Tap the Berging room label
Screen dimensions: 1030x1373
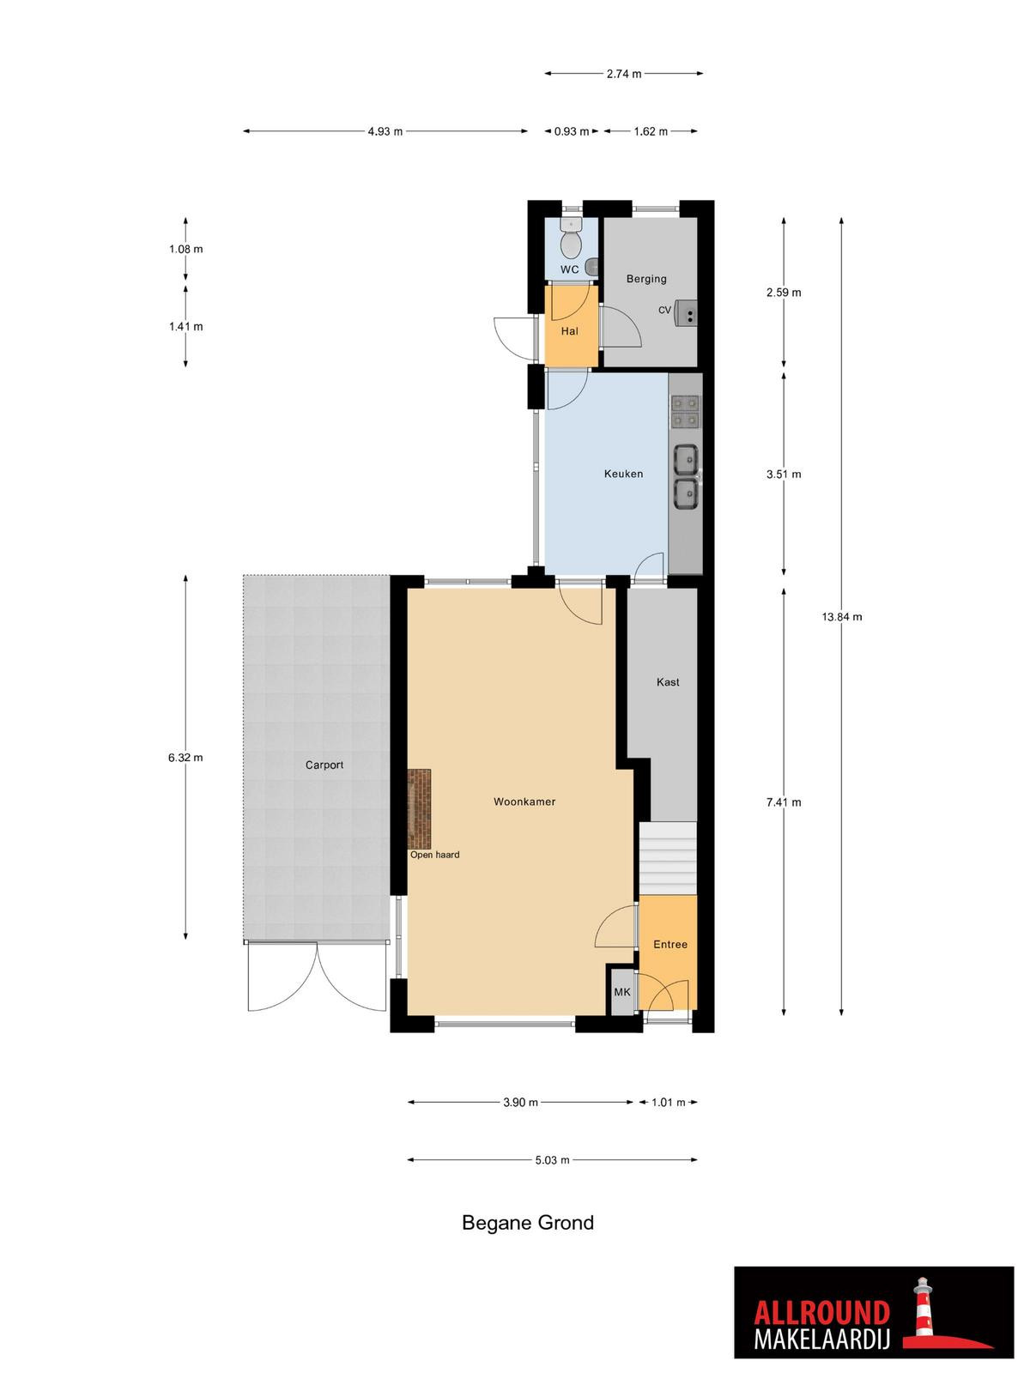(646, 279)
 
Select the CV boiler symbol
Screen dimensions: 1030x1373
(687, 312)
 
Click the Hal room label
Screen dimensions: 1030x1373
(569, 331)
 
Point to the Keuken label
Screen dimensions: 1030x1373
(623, 475)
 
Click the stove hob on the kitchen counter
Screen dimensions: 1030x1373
(685, 412)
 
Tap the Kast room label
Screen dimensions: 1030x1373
(667, 682)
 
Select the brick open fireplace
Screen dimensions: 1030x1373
(419, 808)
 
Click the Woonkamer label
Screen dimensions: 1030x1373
(524, 801)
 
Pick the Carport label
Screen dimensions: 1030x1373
(324, 765)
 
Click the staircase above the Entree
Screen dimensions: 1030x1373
(667, 858)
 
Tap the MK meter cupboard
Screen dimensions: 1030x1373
(621, 992)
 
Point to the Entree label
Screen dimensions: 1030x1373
(669, 945)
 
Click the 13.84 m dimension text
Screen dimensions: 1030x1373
(841, 617)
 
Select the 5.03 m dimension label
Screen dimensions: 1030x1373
(552, 1160)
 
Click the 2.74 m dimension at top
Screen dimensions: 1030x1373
(623, 74)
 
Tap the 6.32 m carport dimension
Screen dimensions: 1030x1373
(185, 758)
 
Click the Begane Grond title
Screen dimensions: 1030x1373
(527, 1223)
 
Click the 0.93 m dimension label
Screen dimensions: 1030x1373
(571, 131)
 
